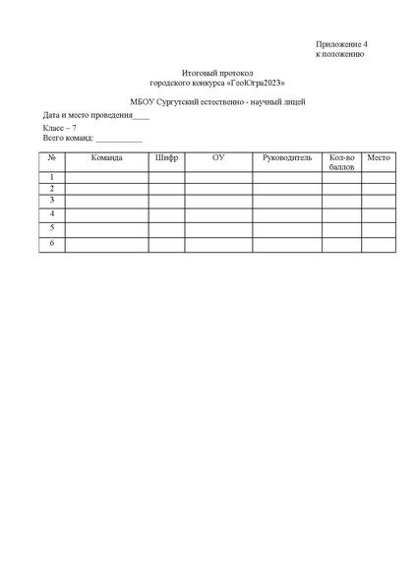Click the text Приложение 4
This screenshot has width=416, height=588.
341,45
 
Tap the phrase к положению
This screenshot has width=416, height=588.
339,55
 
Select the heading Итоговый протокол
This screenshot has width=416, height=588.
217,74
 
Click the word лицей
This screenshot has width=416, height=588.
294,102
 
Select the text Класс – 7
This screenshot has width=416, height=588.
59,129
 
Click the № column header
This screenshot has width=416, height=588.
52,157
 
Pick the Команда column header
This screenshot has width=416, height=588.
106,157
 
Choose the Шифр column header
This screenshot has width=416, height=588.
166,157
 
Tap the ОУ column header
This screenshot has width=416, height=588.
218,157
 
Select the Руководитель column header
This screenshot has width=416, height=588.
286,157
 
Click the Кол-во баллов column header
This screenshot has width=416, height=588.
341,162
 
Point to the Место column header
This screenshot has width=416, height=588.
379,157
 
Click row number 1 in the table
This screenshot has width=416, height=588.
52,178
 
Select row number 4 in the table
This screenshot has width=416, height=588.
52,213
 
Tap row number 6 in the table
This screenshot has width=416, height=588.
52,243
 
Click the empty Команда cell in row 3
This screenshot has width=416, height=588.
106,201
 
